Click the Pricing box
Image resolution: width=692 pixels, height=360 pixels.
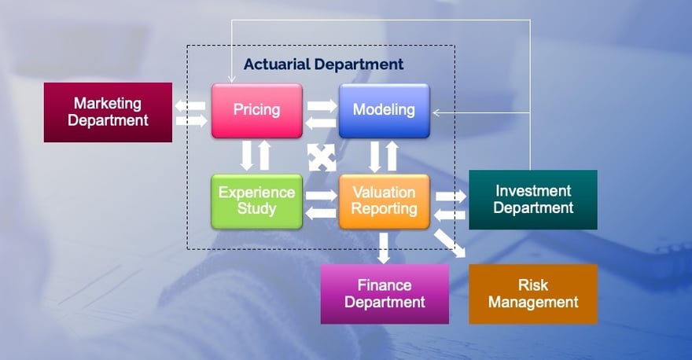pyautogui.click(x=257, y=111)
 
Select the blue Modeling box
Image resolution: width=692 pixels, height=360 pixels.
pyautogui.click(x=384, y=111)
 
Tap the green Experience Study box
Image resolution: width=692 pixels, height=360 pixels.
pyautogui.click(x=257, y=202)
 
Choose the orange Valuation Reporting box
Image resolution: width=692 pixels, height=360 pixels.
pyautogui.click(x=384, y=202)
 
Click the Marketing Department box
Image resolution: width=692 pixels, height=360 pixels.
pyautogui.click(x=109, y=112)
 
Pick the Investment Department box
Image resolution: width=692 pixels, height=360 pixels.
pyautogui.click(x=533, y=200)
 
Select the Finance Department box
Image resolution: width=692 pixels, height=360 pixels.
pyautogui.click(x=385, y=294)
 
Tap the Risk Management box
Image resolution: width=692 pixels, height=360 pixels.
pyautogui.click(x=533, y=294)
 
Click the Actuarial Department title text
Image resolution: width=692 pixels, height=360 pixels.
pyautogui.click(x=323, y=64)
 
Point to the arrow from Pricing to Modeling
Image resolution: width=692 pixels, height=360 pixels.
pyautogui.click(x=322, y=106)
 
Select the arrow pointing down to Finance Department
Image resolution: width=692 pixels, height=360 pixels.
pyautogui.click(x=384, y=248)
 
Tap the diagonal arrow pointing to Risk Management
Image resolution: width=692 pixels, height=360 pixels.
pyautogui.click(x=450, y=243)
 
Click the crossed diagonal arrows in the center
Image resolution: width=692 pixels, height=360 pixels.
pyautogui.click(x=322, y=157)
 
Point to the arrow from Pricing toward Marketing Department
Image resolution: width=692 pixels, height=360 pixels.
pyautogui.click(x=190, y=106)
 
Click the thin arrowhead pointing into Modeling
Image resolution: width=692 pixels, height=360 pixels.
pyautogui.click(x=436, y=113)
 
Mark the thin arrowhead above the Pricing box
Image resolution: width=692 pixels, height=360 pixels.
pyautogui.click(x=231, y=79)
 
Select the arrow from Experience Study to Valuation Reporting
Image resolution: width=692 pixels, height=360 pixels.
pyautogui.click(x=322, y=196)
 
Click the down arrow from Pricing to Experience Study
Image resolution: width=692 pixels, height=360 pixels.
pyautogui.click(x=247, y=156)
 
